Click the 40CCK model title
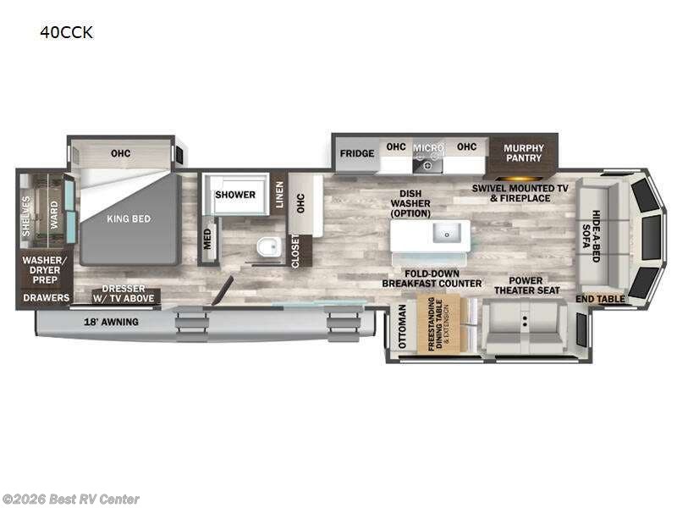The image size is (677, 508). (x=66, y=33)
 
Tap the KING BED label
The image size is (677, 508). (x=129, y=218)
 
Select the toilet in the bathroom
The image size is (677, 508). (x=267, y=246)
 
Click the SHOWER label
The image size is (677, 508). (x=234, y=195)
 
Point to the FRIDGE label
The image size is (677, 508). (x=357, y=154)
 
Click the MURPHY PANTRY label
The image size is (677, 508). (x=524, y=152)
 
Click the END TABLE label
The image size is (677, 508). (x=600, y=299)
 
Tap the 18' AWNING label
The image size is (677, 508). (x=111, y=322)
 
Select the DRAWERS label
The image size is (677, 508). (x=47, y=298)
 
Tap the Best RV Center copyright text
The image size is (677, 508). (x=71, y=500)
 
